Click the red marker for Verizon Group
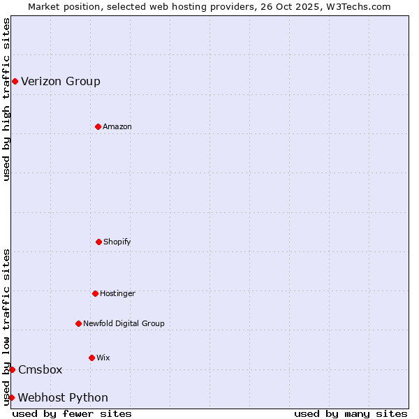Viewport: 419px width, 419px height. coord(15,82)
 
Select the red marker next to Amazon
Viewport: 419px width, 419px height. coord(98,126)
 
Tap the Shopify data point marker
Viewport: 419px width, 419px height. coord(98,242)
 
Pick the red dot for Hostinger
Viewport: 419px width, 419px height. coord(95,293)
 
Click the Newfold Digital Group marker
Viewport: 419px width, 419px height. coord(78,323)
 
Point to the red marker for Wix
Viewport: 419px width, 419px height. coord(91,358)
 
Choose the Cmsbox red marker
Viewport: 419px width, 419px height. coord(12,369)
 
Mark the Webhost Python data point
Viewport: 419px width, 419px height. coord(11,397)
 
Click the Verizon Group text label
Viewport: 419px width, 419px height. coord(61,82)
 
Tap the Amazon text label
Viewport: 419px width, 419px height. coord(117,126)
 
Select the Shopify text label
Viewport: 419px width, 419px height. coord(117,242)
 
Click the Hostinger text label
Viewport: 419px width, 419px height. coord(117,293)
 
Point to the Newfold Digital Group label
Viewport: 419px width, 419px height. coord(124,323)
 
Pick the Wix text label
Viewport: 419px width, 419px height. coord(103,358)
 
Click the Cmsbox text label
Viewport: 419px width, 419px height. coord(41,370)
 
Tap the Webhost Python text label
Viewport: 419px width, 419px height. coord(63,398)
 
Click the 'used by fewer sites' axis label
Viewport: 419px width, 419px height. coord(72,413)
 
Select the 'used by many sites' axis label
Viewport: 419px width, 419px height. coord(351,413)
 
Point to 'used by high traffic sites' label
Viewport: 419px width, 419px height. coord(6,99)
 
